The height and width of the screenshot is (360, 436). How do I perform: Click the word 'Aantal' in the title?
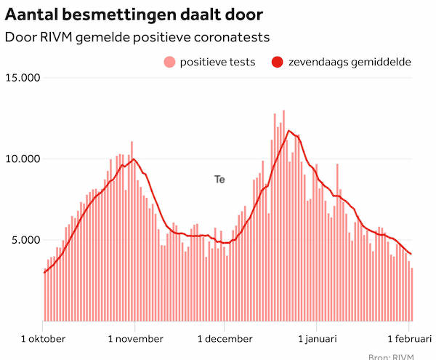tap(29, 14)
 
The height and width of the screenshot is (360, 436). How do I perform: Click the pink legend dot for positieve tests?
tap(169, 62)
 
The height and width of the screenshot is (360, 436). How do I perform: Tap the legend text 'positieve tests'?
tap(217, 62)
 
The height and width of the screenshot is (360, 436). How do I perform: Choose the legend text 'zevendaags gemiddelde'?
tap(350, 62)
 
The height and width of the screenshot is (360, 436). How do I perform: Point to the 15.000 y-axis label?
tap(22, 78)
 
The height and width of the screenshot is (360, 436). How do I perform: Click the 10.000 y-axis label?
tap(22, 159)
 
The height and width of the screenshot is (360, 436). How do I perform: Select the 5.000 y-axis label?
tap(25, 240)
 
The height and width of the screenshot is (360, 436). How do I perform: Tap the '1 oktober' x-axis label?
tap(43, 338)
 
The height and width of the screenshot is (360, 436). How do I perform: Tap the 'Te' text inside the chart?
tap(219, 178)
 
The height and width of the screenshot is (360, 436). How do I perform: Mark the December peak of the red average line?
tap(289, 131)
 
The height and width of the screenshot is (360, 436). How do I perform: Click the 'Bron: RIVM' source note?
tap(402, 356)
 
